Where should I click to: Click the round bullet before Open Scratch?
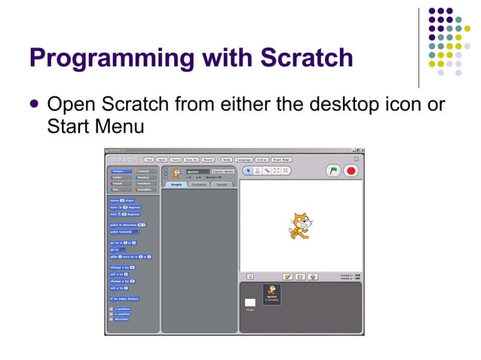point(34,104)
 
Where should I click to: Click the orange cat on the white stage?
point(299,226)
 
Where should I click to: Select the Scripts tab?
point(176,184)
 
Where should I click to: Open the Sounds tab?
point(222,184)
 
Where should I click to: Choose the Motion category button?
point(121,171)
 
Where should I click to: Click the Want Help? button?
point(283,160)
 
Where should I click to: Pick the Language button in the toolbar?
point(244,160)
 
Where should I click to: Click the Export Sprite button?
point(223,171)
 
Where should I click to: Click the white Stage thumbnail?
point(250,303)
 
